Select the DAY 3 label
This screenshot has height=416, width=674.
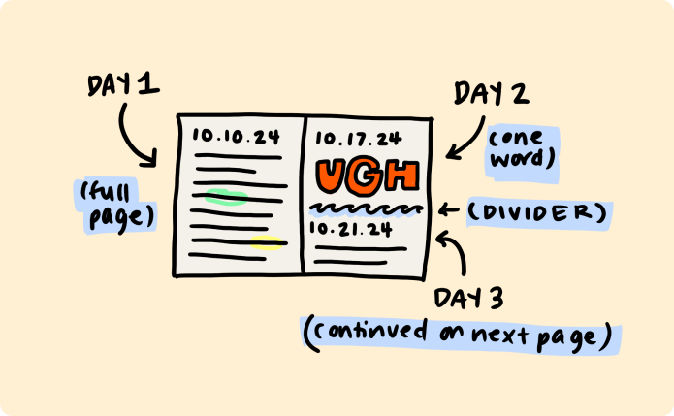[x=469, y=298]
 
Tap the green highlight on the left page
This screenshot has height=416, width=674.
[x=226, y=199]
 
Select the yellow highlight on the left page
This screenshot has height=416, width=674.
[x=267, y=242]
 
